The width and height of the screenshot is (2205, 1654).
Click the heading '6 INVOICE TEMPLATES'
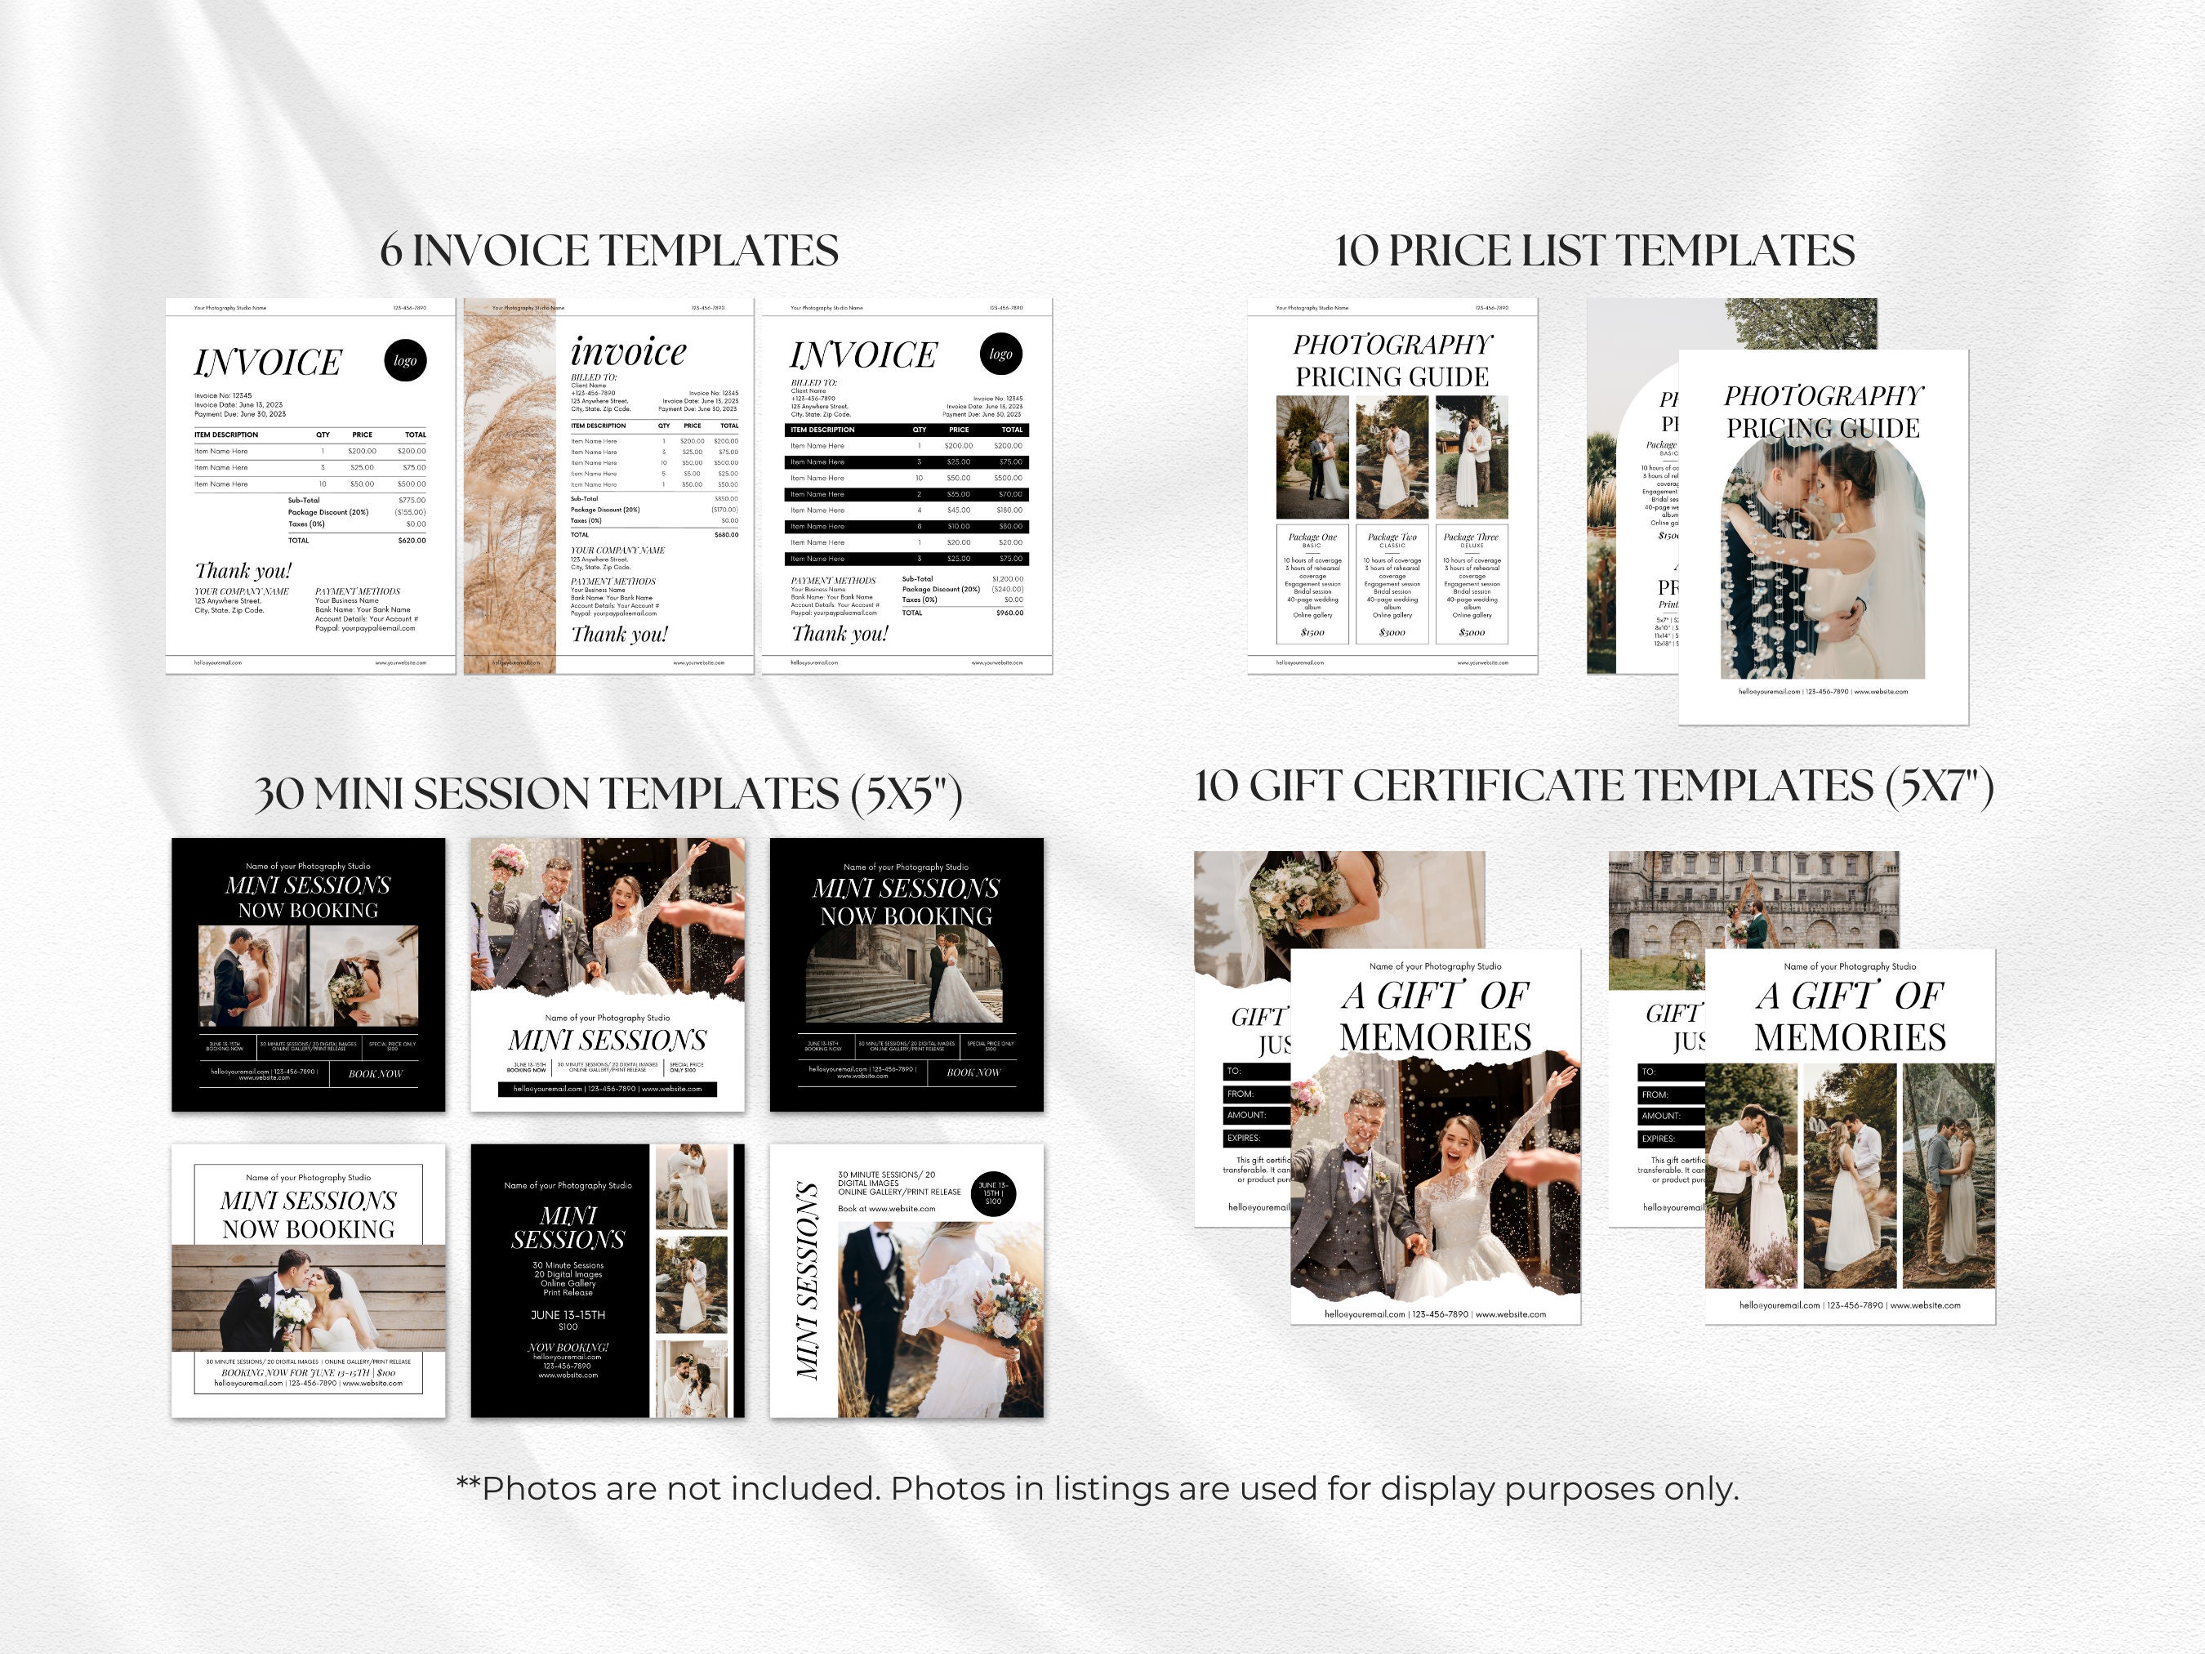609,250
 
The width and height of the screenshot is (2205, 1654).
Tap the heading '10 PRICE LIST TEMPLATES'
1594,250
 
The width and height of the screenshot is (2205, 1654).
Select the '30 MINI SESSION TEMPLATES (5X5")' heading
608,794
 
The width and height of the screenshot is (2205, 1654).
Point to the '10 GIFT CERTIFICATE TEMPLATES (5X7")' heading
1594,787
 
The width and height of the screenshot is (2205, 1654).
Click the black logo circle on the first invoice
405,361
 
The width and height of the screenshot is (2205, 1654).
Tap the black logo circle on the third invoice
1000,354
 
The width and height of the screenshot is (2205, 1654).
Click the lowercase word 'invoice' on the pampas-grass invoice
628,351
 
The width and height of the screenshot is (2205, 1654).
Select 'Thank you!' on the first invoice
243,570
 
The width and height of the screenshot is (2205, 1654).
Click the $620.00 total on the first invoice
411,541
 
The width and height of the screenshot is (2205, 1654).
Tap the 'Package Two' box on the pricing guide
1392,583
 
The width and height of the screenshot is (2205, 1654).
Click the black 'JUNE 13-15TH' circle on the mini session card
993,1193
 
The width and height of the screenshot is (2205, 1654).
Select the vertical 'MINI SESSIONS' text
808,1281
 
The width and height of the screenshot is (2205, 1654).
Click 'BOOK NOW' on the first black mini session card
375,1074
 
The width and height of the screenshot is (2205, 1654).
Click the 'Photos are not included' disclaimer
1097,1488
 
